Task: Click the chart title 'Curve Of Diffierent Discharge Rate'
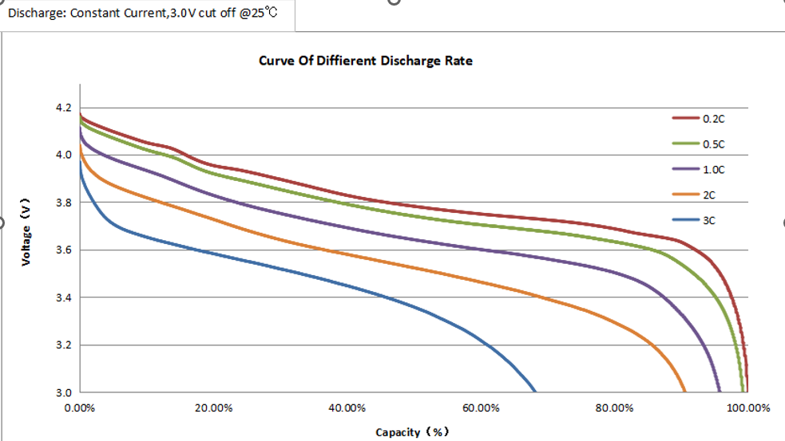[366, 61]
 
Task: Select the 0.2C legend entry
[713, 118]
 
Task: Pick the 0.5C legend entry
[713, 144]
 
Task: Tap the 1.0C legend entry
[713, 170]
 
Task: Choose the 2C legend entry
[709, 195]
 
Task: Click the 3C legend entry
[709, 220]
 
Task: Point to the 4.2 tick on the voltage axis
[63, 108]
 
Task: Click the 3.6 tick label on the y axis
[63, 250]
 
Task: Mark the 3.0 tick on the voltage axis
[63, 392]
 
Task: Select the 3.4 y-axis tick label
[63, 298]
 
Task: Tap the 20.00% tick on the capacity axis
[213, 408]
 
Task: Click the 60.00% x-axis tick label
[481, 408]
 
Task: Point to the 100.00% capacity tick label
[747, 408]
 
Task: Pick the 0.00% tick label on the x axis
[80, 408]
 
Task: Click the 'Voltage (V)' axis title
[26, 232]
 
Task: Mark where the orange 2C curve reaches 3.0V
[684, 391]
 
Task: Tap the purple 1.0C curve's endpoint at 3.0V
[720, 391]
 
